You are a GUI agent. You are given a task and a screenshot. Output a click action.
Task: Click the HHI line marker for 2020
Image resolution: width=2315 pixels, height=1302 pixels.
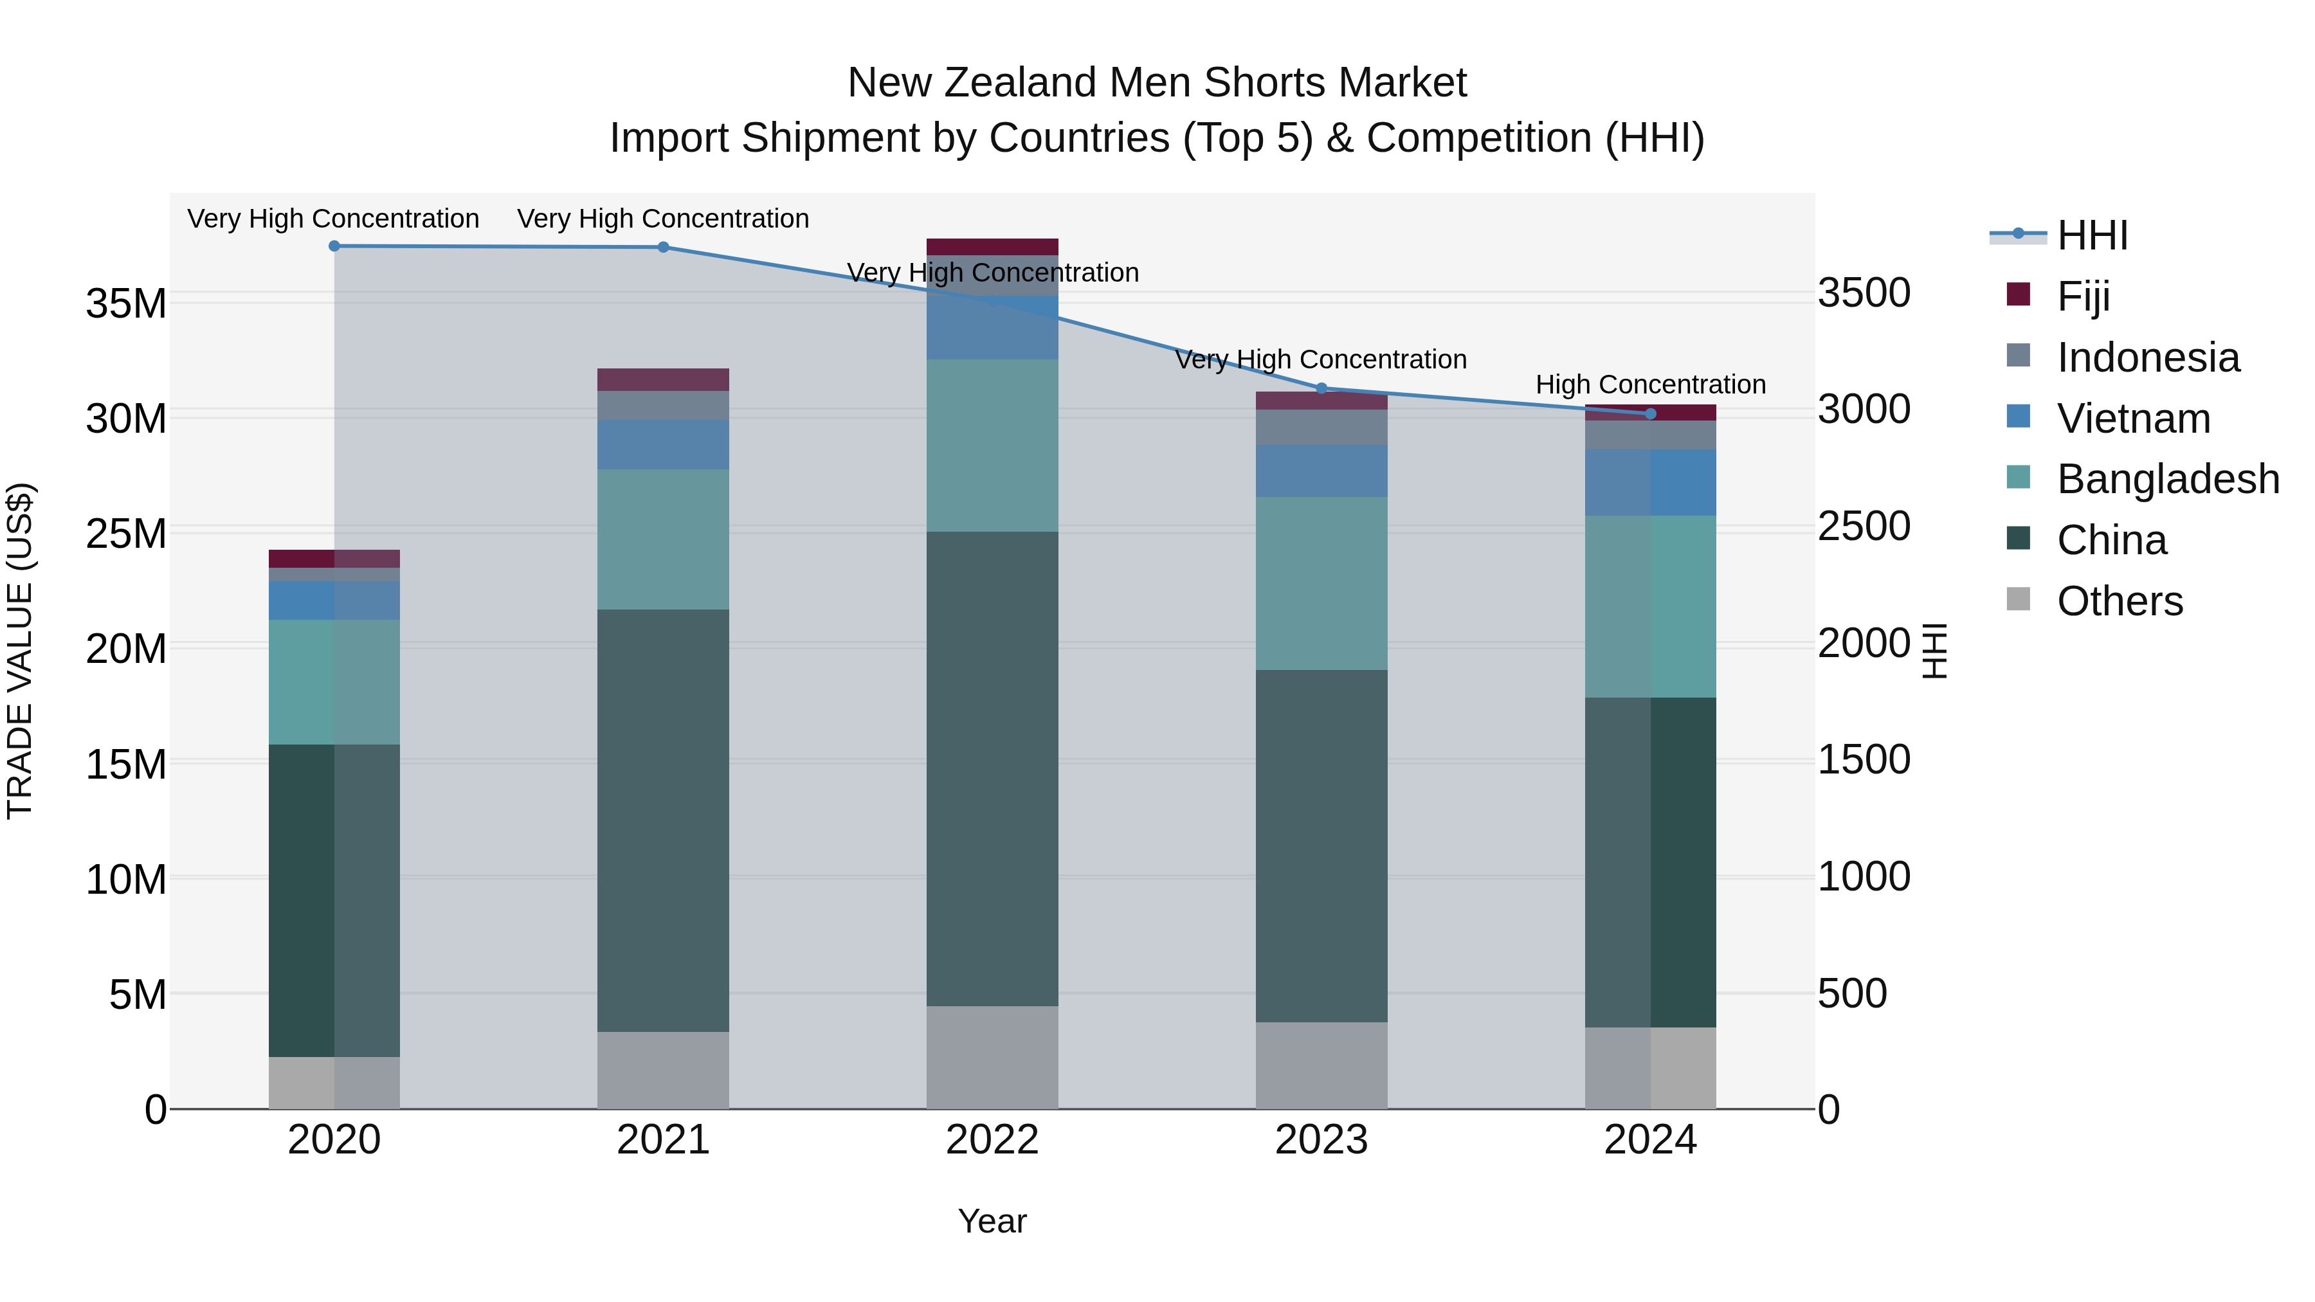[334, 246]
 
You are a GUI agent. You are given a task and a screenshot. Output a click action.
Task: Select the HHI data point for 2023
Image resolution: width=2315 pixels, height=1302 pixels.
[1321, 389]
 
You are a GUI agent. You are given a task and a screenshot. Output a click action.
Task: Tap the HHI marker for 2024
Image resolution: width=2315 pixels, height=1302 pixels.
[1650, 414]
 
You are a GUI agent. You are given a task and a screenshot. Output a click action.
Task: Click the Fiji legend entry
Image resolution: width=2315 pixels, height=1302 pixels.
[2082, 296]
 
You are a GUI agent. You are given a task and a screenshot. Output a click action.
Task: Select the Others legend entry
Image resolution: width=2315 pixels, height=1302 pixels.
[2119, 601]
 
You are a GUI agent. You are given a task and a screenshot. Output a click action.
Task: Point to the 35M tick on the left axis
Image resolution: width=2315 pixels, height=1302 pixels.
[126, 303]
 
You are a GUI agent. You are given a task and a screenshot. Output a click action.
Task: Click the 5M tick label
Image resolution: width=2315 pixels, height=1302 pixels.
[138, 995]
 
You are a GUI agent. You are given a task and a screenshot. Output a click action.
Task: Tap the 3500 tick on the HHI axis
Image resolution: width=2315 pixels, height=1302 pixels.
[1863, 293]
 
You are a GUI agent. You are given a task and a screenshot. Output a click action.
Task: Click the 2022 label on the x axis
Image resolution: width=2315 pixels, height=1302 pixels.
[992, 1140]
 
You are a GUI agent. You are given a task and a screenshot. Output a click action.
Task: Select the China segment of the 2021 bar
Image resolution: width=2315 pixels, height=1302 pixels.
[663, 820]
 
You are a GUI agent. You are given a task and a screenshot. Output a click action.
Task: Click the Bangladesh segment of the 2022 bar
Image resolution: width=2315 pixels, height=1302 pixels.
[992, 446]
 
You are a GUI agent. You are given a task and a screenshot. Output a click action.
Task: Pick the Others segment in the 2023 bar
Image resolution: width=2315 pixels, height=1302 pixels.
[1321, 1065]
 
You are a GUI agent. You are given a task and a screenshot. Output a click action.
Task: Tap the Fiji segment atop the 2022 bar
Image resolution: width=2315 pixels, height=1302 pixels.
[992, 247]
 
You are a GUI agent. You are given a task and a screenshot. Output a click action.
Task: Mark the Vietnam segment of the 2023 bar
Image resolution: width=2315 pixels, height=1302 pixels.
[1321, 471]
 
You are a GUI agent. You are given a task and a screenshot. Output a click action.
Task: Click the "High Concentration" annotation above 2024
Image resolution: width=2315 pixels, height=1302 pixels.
[1650, 384]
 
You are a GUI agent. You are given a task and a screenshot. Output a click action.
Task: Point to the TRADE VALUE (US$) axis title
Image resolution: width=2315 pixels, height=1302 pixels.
[20, 651]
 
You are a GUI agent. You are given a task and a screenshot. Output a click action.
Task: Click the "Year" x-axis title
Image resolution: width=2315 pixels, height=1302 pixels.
[992, 1221]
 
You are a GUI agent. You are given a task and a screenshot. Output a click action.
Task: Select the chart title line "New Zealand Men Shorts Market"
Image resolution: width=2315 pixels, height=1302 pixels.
[1157, 83]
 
